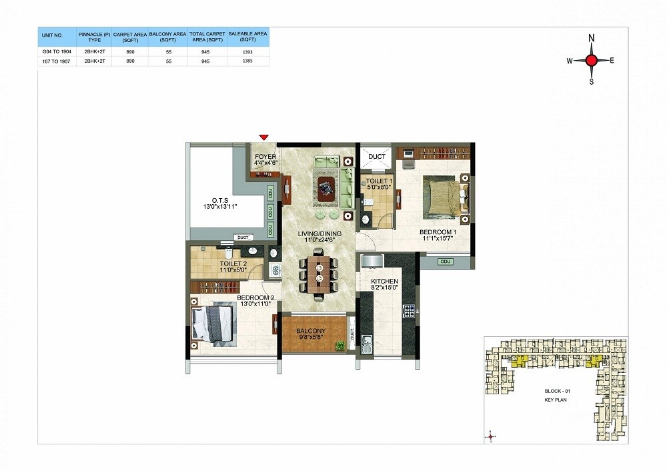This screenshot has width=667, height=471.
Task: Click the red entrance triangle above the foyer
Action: pos(263,137)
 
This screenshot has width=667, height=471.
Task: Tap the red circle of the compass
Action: pos(591,61)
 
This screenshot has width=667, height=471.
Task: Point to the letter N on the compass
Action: pos(591,39)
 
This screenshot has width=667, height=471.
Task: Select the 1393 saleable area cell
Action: pos(249,51)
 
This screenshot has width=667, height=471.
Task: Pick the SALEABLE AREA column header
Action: pos(248,36)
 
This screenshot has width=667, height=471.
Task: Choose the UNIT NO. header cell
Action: pos(54,36)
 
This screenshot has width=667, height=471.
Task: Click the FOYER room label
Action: pos(265,157)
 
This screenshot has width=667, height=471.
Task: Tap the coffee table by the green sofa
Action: pos(326,189)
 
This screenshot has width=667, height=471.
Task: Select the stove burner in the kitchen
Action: pos(409,310)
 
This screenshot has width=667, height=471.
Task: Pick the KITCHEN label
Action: pos(384,282)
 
